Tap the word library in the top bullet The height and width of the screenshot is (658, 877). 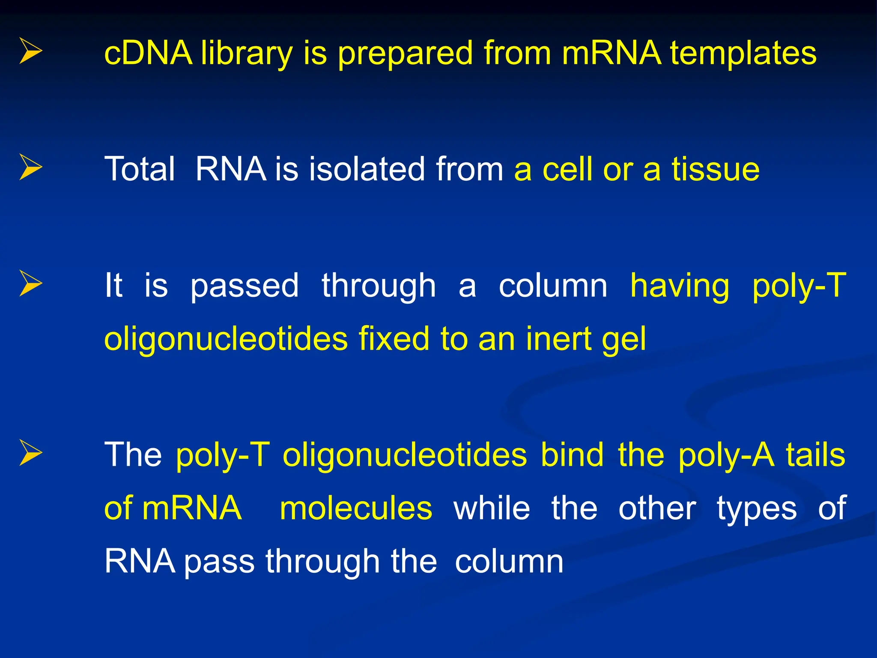click(247, 54)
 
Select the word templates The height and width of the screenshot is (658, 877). click(743, 54)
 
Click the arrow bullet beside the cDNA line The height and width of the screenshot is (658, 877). click(31, 51)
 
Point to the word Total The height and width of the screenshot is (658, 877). click(140, 169)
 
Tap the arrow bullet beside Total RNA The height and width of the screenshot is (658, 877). click(31, 167)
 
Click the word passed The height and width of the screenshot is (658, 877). click(244, 286)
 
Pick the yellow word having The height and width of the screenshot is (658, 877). click(680, 286)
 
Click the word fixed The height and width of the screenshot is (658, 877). click(394, 338)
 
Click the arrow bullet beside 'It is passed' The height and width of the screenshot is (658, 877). click(31, 283)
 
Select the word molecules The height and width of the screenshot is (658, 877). click(356, 508)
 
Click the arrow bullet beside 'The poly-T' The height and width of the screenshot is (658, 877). click(31, 453)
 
